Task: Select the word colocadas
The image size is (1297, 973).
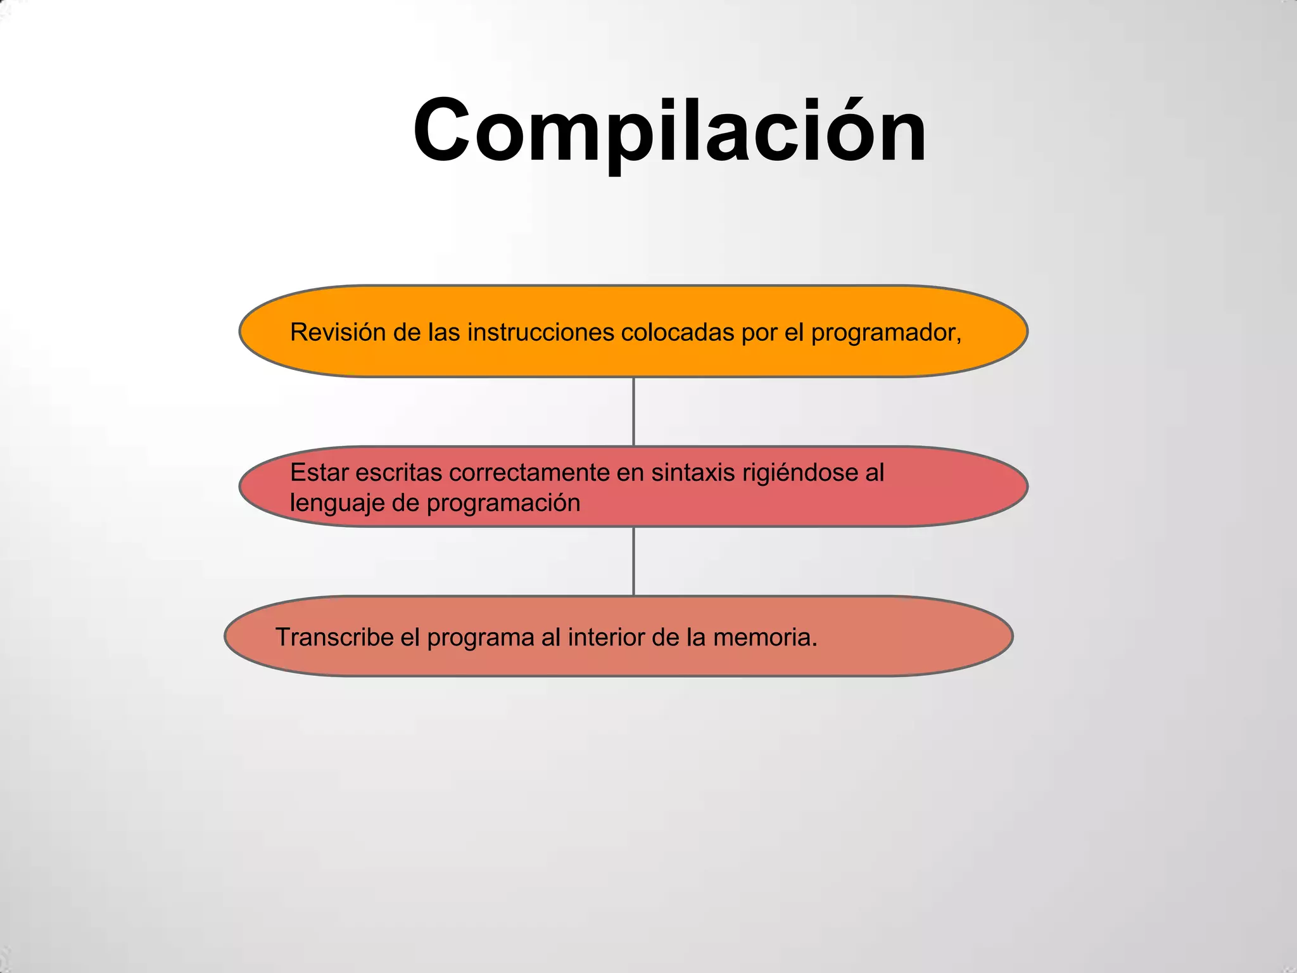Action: click(x=677, y=332)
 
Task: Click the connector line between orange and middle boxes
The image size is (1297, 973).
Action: click(x=634, y=412)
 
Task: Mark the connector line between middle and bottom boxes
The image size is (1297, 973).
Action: click(x=634, y=561)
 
